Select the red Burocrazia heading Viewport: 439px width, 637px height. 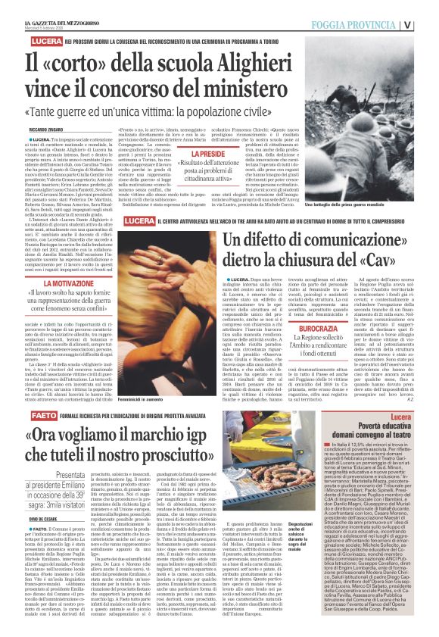tap(322, 310)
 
